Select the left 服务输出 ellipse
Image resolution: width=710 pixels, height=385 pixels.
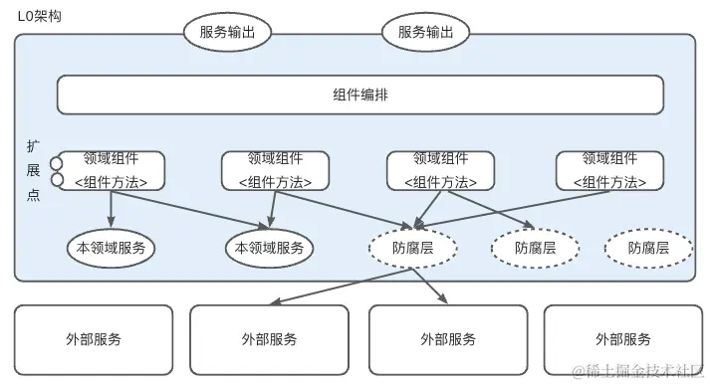[227, 32]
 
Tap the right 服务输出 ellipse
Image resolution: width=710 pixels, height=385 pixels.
[425, 32]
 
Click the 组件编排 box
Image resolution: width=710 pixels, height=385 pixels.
[359, 96]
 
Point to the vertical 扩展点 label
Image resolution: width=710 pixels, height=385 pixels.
[34, 170]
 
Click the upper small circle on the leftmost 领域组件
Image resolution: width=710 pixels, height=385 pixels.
[58, 163]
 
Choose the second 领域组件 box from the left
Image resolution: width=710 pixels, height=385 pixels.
[275, 170]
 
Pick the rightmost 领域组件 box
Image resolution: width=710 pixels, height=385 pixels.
[608, 170]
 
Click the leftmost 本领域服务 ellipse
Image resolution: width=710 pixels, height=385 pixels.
[111, 248]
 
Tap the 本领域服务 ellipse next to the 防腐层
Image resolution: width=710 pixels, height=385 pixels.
[269, 248]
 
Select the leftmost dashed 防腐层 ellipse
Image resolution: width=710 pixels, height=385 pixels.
[412, 248]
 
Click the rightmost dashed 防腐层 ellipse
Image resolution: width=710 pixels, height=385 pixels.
[648, 248]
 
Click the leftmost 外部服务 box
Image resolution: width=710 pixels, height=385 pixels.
[94, 339]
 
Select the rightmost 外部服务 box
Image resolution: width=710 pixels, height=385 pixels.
[621, 339]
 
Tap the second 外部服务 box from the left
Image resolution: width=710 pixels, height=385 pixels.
[269, 339]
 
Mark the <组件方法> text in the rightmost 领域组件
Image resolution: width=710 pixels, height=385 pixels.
[608, 182]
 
